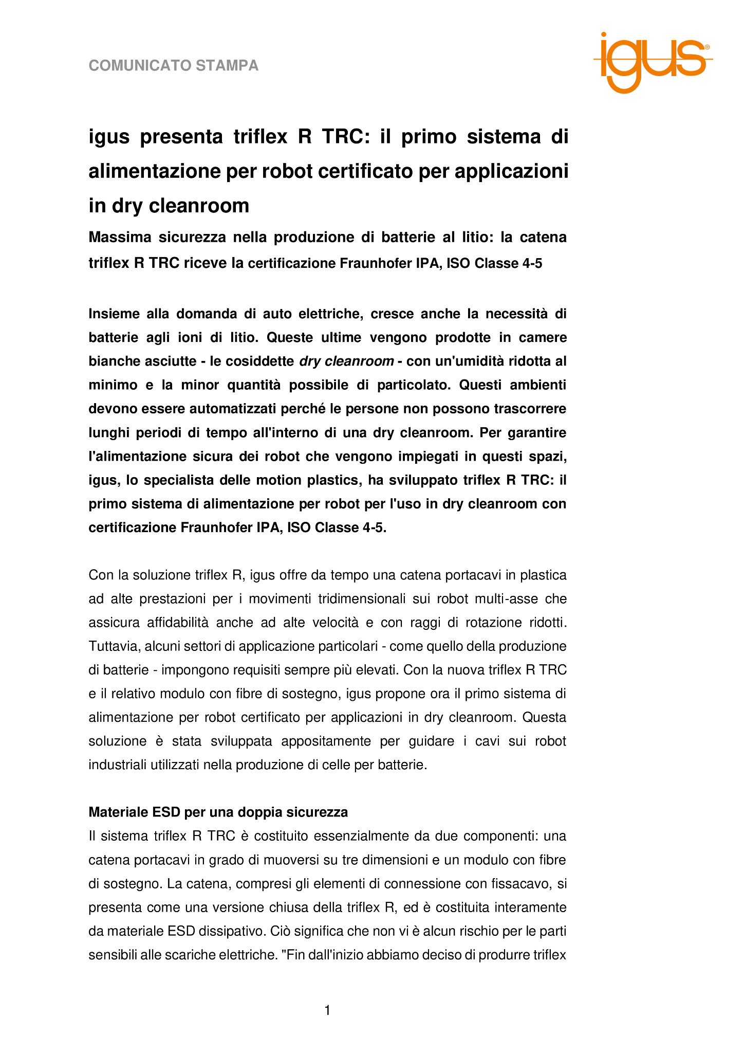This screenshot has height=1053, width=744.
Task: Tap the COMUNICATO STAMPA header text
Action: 174,66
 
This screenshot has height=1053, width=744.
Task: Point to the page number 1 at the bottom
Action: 327,1011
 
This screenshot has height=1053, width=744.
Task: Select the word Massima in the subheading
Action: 120,238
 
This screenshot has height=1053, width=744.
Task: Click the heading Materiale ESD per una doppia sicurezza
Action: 218,812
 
